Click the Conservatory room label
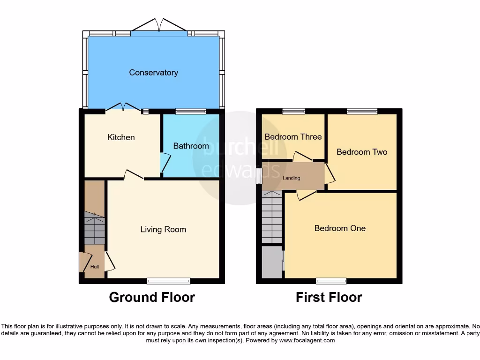pyautogui.click(x=153, y=73)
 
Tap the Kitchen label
pyautogui.click(x=121, y=137)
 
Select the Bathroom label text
pyautogui.click(x=191, y=146)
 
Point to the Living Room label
pyautogui.click(x=163, y=229)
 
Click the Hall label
pyautogui.click(x=95, y=267)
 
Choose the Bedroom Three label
pyautogui.click(x=293, y=136)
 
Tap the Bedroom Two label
pyautogui.click(x=362, y=152)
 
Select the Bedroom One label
pyautogui.click(x=340, y=228)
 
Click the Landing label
pyautogui.click(x=291, y=178)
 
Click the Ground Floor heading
pyautogui.click(x=152, y=297)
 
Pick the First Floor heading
pyautogui.click(x=329, y=297)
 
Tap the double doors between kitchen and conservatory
pyautogui.click(x=123, y=107)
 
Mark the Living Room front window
pyautogui.click(x=168, y=281)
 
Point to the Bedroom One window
pyautogui.click(x=331, y=281)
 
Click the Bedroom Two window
pyautogui.click(x=362, y=111)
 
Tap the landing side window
pyautogui.click(x=259, y=176)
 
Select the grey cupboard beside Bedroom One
pyautogui.click(x=271, y=262)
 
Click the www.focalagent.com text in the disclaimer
pyautogui.click(x=307, y=340)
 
